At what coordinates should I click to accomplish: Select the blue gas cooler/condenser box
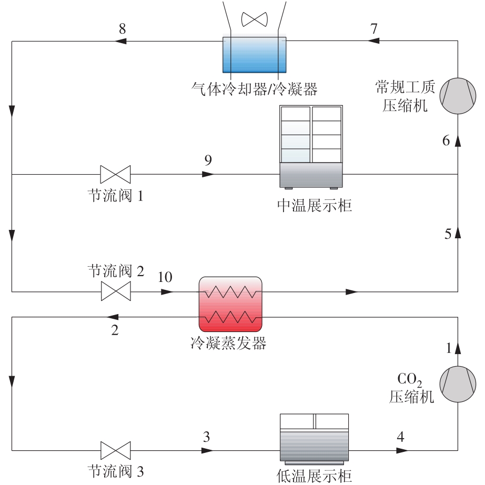[255, 55]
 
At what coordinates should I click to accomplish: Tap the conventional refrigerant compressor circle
[458, 96]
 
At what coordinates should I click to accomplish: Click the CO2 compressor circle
[458, 384]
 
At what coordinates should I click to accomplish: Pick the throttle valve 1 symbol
[115, 175]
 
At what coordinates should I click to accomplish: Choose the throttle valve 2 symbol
[116, 291]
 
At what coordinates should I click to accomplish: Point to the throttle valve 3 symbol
[116, 450]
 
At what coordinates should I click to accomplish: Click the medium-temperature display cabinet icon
[311, 147]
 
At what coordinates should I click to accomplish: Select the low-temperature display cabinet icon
[314, 439]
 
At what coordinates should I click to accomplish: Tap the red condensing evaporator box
[230, 305]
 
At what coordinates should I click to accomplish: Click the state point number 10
[165, 277]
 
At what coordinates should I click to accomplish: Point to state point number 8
[123, 29]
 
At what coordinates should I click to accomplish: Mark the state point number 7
[374, 28]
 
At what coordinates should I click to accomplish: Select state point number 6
[446, 140]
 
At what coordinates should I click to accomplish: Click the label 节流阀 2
[116, 271]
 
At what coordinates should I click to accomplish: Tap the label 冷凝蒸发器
[229, 343]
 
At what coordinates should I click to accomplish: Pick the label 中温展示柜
[315, 205]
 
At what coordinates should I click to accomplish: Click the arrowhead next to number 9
[208, 175]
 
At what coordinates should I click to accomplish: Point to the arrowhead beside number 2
[112, 317]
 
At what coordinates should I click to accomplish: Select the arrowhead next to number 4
[402, 450]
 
